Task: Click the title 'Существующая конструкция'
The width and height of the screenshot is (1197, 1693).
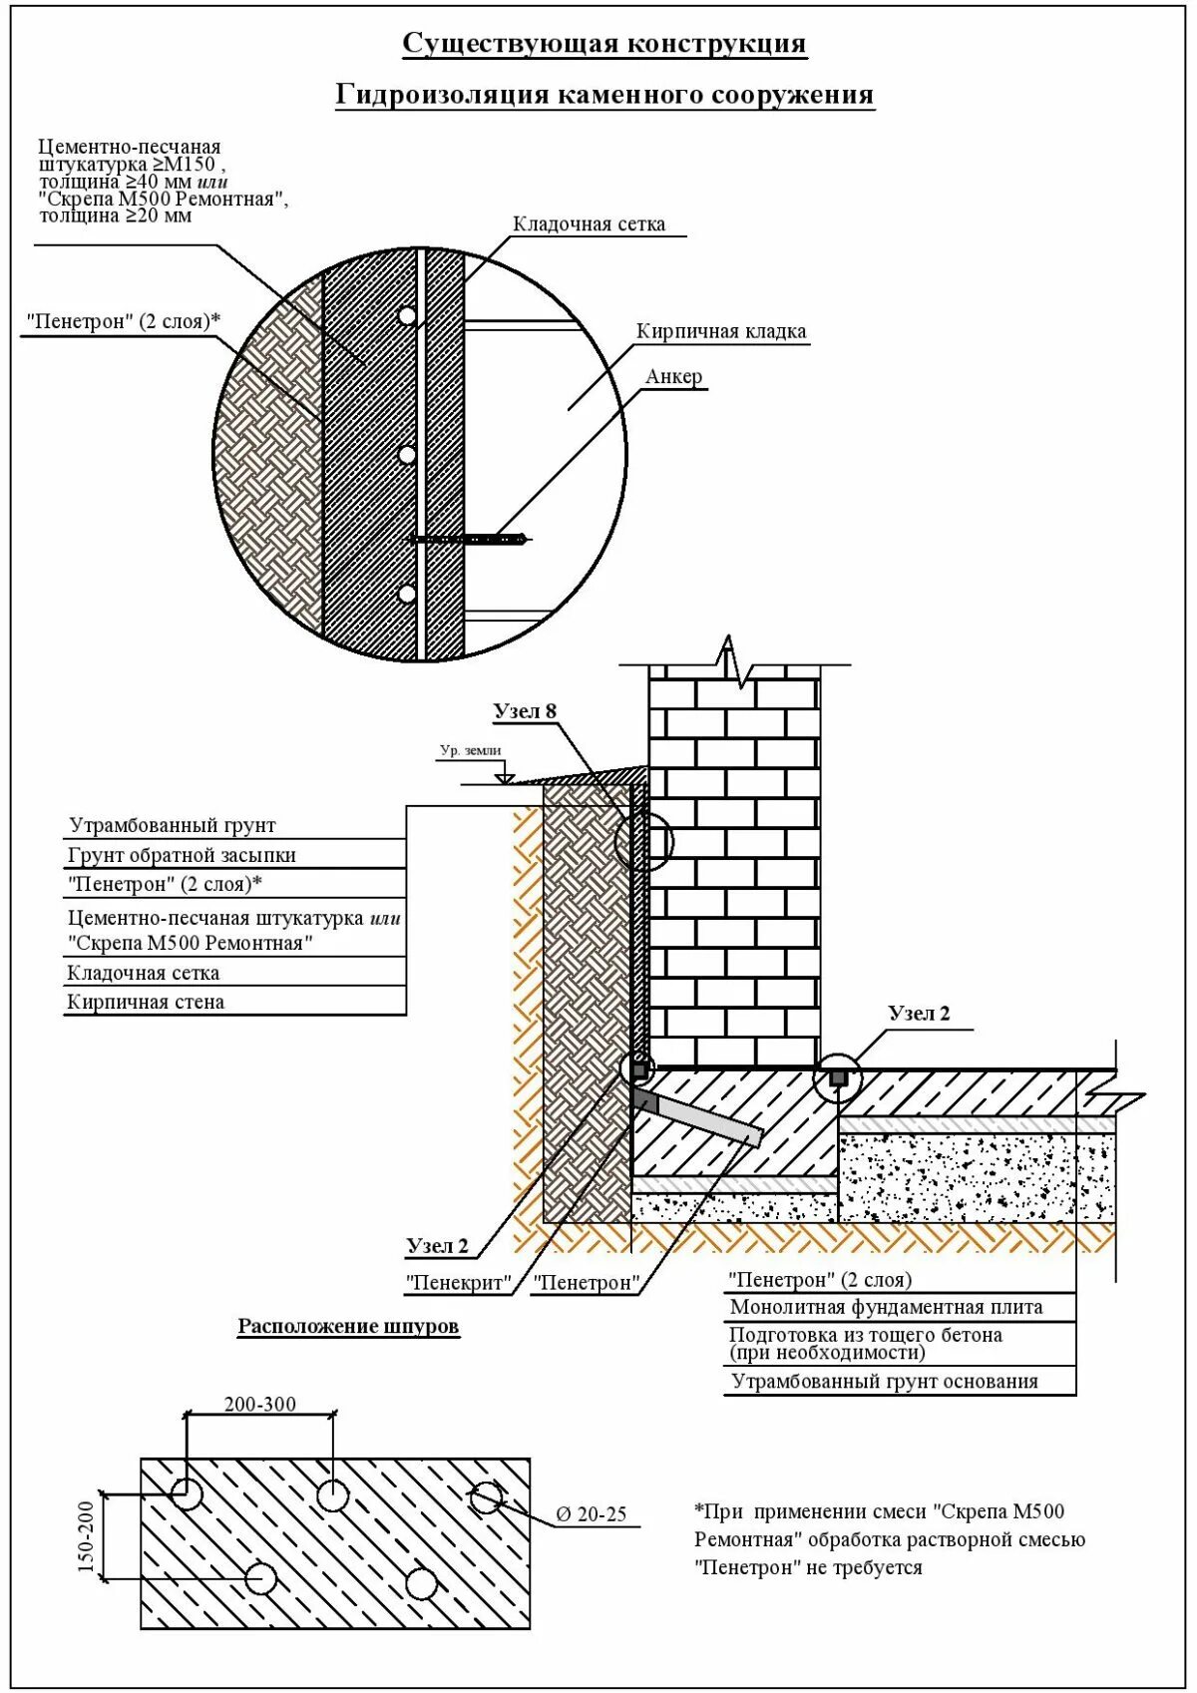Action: (604, 45)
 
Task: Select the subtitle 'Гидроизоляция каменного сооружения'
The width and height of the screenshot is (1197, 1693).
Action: (604, 95)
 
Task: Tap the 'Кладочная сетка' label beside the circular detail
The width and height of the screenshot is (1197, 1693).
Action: (589, 224)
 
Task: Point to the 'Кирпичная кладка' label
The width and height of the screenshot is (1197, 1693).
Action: (721, 331)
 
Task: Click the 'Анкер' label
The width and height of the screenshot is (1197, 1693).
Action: (674, 377)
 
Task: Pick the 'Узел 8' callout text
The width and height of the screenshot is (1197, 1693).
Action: (525, 711)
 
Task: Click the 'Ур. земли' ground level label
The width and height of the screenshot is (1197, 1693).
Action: (471, 750)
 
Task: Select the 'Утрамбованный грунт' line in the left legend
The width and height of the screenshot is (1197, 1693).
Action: (172, 826)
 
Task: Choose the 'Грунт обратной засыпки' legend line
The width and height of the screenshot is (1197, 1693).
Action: (182, 855)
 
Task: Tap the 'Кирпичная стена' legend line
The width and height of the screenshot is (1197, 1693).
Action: (146, 1002)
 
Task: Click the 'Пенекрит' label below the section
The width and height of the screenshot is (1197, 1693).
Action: (459, 1283)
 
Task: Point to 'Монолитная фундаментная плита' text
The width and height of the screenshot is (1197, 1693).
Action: (886, 1307)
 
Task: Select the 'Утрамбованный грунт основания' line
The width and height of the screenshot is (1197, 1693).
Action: (885, 1382)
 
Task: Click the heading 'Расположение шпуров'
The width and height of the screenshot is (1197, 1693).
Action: (348, 1326)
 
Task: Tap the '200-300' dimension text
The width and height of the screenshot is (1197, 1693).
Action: (260, 1405)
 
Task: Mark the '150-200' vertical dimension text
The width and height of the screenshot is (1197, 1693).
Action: (86, 1536)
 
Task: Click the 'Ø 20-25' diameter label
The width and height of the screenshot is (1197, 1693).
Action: (592, 1514)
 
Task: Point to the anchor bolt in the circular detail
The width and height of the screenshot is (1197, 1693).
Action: (469, 539)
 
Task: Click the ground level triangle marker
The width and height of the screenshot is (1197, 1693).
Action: (505, 776)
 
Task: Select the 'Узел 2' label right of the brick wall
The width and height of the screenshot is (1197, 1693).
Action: (919, 1014)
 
